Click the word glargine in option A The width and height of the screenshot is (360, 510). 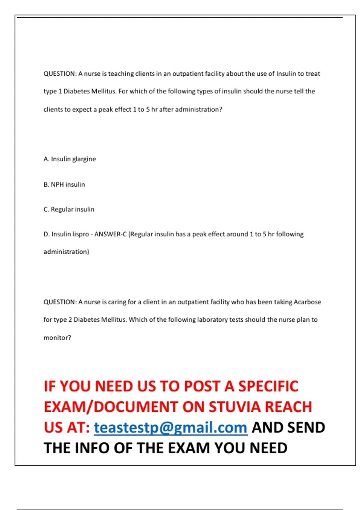pyautogui.click(x=84, y=159)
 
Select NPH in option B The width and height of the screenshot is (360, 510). pyautogui.click(x=57, y=184)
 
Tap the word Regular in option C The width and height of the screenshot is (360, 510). pyautogui.click(x=62, y=209)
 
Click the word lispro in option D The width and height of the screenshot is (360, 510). pyautogui.click(x=81, y=234)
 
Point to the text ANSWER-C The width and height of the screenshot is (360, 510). pyautogui.click(x=110, y=234)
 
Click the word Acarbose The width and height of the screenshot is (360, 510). pyautogui.click(x=307, y=302)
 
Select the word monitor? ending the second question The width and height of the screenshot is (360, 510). pyautogui.click(x=57, y=338)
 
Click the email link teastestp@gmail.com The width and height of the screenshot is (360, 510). pyautogui.click(x=170, y=427)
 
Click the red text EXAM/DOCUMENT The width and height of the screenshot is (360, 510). pyautogui.click(x=111, y=407)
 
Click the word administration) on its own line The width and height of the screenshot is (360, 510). pyautogui.click(x=66, y=252)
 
